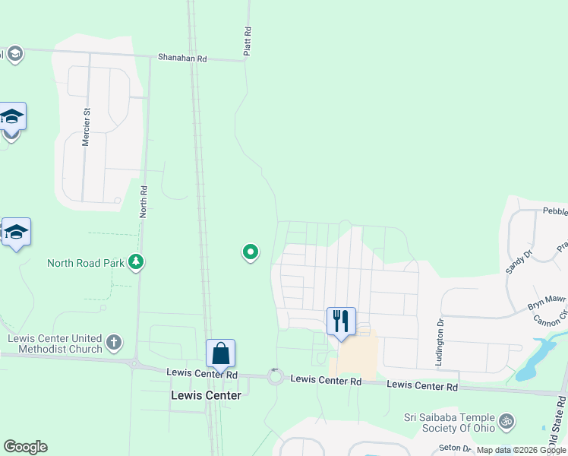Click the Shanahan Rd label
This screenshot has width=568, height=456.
pos(182,58)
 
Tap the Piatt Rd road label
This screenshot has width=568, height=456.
pos(248,41)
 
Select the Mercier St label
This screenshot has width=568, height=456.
pos(87,127)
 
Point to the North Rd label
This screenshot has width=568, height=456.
pos(143,201)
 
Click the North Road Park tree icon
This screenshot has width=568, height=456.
pos(136,263)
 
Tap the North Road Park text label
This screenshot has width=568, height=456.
pos(86,264)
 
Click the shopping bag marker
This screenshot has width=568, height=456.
pos(220,353)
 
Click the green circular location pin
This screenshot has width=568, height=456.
pos(251,252)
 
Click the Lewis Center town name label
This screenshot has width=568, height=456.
pos(206,395)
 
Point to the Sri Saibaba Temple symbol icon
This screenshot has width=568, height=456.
pos(506,419)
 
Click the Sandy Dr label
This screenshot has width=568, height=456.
pos(515,261)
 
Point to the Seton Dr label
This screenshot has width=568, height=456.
pos(455,448)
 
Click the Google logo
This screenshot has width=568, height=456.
pos(25,447)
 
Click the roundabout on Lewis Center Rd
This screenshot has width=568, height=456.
pos(275,376)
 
